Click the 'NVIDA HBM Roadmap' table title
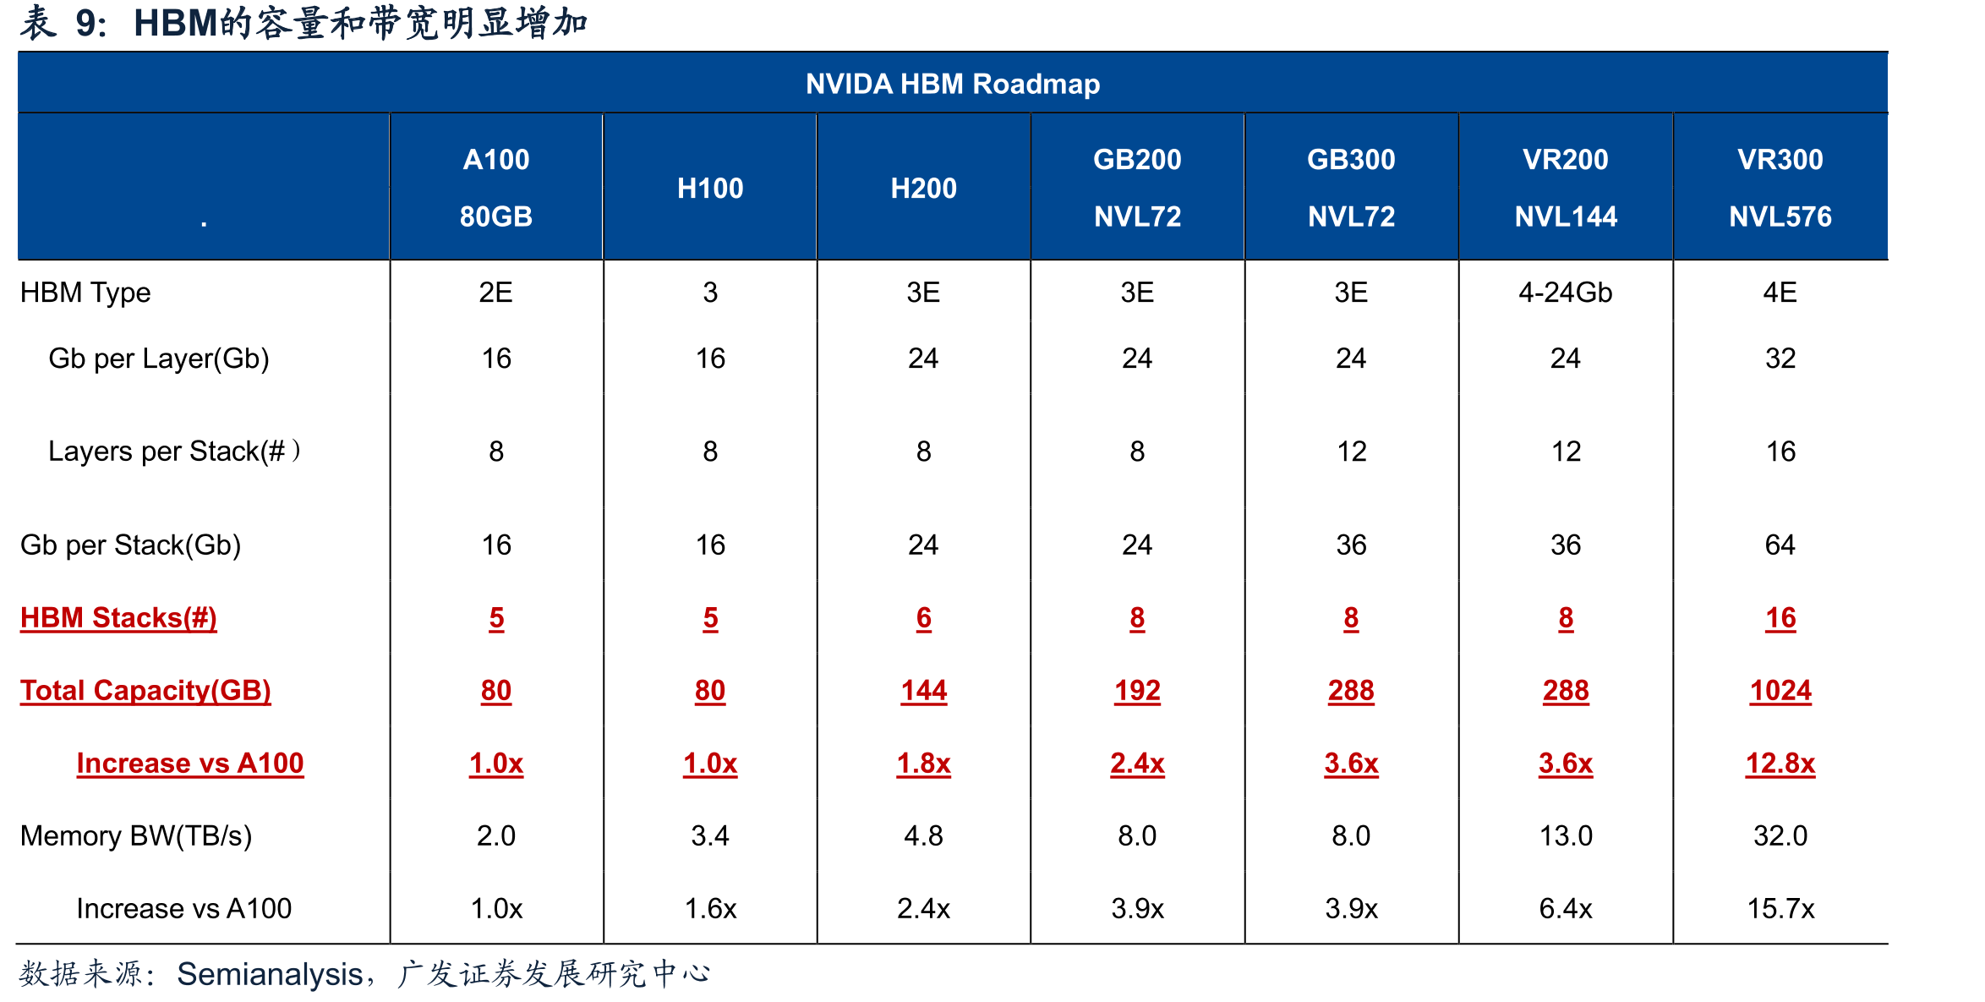click(x=953, y=84)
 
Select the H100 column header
click(x=710, y=188)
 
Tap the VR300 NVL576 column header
click(x=1780, y=188)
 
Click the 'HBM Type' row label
click(x=85, y=293)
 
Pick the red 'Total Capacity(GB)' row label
click(x=145, y=691)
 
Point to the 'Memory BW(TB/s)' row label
click(x=136, y=835)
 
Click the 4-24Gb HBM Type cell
click(x=1566, y=293)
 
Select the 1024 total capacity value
click(x=1780, y=691)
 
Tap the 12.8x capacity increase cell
click(x=1780, y=764)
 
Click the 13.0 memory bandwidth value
click(x=1566, y=835)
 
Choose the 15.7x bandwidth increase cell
click(x=1780, y=908)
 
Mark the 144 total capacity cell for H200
click(x=924, y=691)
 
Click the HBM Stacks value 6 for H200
click(x=924, y=618)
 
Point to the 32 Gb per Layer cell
click(x=1780, y=359)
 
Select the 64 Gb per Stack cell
click(x=1780, y=545)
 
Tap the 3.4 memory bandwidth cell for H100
click(x=710, y=835)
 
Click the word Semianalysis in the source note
click(x=270, y=974)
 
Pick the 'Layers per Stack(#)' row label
click(x=174, y=452)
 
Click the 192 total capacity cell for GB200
click(x=1138, y=691)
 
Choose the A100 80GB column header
click(x=496, y=188)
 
